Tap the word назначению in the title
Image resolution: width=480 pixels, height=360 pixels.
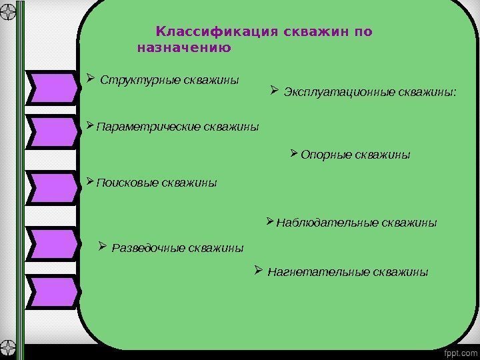click(183, 48)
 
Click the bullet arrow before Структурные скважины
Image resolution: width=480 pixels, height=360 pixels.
click(91, 79)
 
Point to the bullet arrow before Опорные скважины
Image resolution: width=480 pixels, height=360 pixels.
click(295, 154)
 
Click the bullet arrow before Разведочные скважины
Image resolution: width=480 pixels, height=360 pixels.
click(103, 247)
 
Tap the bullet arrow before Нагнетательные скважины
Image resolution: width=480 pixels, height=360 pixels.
click(259, 271)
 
